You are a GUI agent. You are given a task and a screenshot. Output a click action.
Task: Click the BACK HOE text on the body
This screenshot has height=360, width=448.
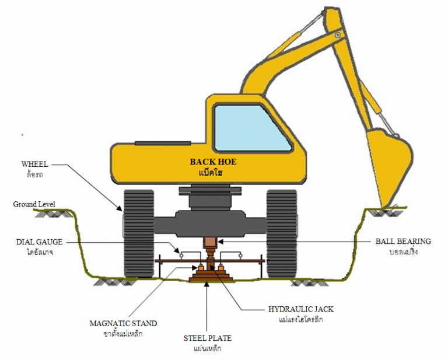pyautogui.click(x=213, y=162)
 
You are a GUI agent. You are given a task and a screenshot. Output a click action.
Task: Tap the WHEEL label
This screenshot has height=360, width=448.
pyautogui.click(x=34, y=165)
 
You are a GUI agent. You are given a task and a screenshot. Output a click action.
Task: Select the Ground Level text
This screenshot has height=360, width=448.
pyautogui.click(x=34, y=204)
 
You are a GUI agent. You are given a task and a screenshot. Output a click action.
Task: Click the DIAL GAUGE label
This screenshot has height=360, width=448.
pyautogui.click(x=39, y=242)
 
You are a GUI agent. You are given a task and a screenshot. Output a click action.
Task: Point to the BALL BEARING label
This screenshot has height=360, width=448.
pyautogui.click(x=403, y=242)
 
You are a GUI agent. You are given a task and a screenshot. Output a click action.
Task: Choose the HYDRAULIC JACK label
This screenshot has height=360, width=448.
pyautogui.click(x=301, y=309)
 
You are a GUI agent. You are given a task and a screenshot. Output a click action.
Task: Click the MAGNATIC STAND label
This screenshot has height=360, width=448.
pyautogui.click(x=123, y=323)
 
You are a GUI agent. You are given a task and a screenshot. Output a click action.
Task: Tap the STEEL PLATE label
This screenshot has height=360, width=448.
pyautogui.click(x=208, y=338)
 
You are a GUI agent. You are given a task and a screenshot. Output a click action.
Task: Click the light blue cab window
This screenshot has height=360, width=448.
pyautogui.click(x=253, y=128)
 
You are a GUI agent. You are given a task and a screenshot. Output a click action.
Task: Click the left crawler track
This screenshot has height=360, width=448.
pyautogui.click(x=139, y=234)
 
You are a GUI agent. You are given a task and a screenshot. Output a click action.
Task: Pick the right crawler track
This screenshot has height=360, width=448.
pyautogui.click(x=282, y=234)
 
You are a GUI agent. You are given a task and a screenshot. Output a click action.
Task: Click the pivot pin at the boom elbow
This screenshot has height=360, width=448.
pyautogui.click(x=338, y=36)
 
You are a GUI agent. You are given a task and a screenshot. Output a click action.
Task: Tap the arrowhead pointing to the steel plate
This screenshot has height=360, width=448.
pyautogui.click(x=206, y=284)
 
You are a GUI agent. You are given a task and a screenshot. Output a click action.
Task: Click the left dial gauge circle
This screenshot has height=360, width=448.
pyautogui.click(x=181, y=255)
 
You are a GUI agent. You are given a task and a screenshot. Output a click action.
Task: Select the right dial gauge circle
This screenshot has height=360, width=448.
pyautogui.click(x=240, y=255)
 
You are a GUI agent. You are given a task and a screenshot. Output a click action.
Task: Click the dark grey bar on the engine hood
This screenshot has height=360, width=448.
pyautogui.click(x=163, y=143)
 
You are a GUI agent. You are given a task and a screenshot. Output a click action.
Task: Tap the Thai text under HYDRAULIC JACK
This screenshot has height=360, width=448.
pyautogui.click(x=301, y=319)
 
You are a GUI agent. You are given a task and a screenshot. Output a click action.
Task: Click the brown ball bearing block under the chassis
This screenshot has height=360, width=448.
pyautogui.click(x=210, y=243)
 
